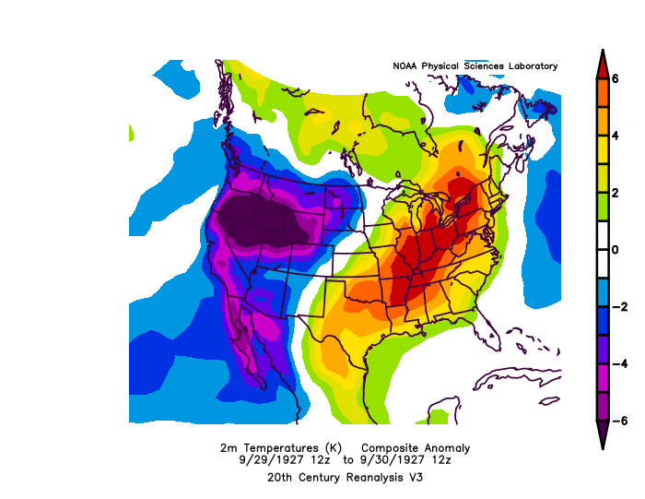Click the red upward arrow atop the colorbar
click(x=601, y=63)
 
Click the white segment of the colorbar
click(x=601, y=250)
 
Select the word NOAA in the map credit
click(x=406, y=66)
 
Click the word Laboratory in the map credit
click(x=530, y=66)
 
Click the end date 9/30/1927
click(x=373, y=459)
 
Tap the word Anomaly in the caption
click(x=446, y=447)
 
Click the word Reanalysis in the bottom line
click(x=347, y=478)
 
